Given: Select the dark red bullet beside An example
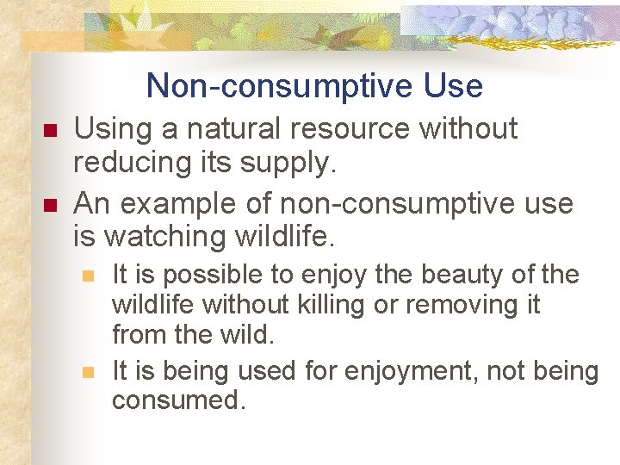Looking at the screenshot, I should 49,205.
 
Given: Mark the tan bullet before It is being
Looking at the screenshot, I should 86,372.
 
